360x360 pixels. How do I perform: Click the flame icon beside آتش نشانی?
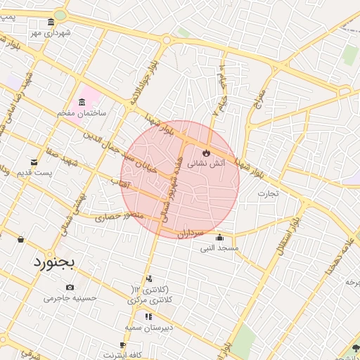206,152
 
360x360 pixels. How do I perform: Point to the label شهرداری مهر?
51,33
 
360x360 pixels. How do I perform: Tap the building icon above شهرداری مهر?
51,23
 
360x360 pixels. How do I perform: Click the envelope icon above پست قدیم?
33,162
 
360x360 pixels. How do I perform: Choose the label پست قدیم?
34,173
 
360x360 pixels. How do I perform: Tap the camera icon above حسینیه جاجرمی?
70,287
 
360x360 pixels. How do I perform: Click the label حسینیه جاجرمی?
70,297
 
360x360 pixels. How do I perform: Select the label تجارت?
268,192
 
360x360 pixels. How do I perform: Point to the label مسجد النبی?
219,247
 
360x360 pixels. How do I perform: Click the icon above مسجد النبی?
219,237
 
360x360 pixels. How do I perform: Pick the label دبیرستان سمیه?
149,328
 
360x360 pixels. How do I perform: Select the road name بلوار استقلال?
285,246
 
